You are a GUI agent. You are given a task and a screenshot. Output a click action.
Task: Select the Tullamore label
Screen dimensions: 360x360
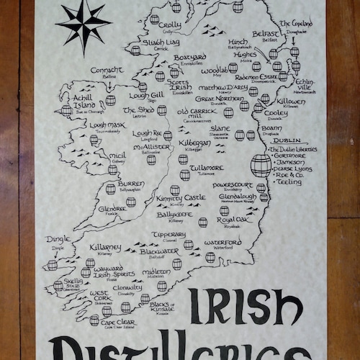tap(201, 167)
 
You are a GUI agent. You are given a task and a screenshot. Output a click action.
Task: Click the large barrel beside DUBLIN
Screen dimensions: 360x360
tap(261, 165)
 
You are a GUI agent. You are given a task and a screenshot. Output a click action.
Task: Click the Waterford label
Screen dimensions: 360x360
tap(222, 243)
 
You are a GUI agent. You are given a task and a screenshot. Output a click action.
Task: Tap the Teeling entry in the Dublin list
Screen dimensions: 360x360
tap(289, 182)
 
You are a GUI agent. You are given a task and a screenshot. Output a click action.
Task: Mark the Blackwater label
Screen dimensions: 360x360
tap(160, 251)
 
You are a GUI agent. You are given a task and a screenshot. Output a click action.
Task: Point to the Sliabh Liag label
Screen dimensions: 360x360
tap(150, 43)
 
